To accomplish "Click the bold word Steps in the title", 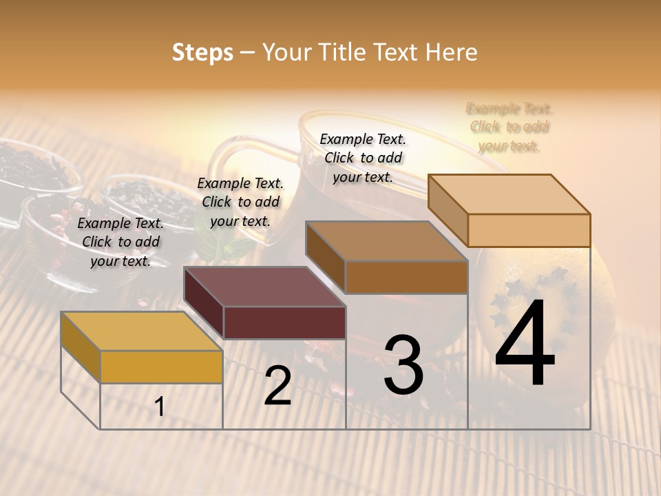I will coord(202,52).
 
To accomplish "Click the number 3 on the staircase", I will coord(403,365).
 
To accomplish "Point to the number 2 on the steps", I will coord(277,386).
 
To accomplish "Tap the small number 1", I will coord(160,407).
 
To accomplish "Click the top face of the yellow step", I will coord(141,331).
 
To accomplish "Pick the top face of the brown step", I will coord(386,241).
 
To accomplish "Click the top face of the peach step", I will coord(510,194).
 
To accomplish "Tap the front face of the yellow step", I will coord(161,366).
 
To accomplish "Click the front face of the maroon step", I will coord(284,322).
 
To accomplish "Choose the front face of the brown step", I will coord(406,278).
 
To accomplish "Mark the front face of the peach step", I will coord(529,230).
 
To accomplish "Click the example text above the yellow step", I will coord(120,242).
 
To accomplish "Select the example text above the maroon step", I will coord(240,202).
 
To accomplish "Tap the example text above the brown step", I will coord(363,158).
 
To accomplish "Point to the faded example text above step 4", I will coord(510,127).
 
